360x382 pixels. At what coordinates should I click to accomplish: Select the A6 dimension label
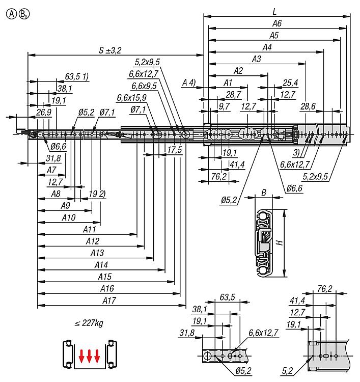(x=277, y=23)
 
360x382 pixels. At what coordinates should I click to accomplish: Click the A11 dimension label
(x=90, y=229)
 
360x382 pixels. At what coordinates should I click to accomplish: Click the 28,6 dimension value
(x=308, y=106)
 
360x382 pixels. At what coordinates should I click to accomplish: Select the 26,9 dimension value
(x=44, y=112)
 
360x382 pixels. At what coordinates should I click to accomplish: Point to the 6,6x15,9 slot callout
(x=131, y=97)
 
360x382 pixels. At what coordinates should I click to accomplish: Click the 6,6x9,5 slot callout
(x=144, y=86)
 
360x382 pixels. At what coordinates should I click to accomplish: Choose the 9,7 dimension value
(x=225, y=106)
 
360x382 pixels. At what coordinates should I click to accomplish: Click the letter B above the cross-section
(x=263, y=193)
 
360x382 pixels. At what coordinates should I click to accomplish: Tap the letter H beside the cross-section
(x=279, y=243)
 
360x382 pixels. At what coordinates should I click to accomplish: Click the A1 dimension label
(x=228, y=82)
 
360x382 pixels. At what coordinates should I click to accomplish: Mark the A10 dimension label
(x=68, y=217)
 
